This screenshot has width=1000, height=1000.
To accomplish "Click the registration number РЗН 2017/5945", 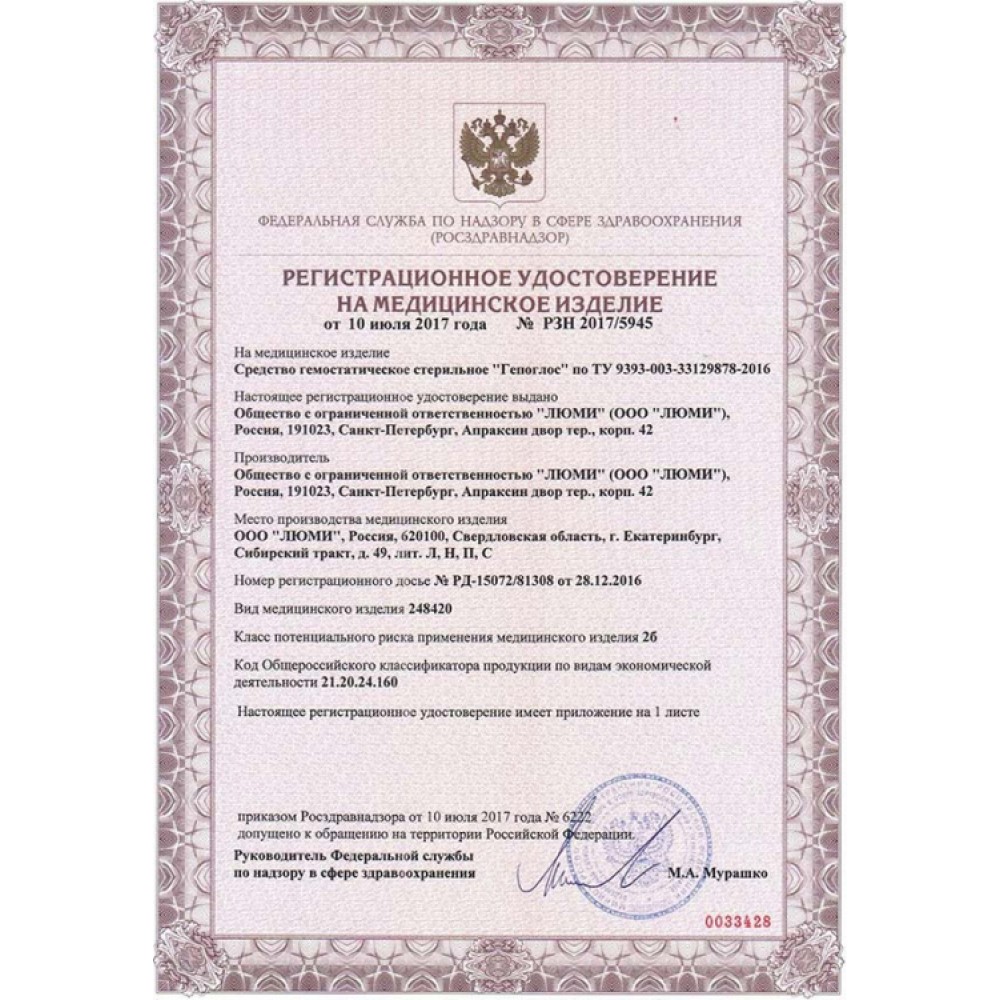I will tap(597, 325).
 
